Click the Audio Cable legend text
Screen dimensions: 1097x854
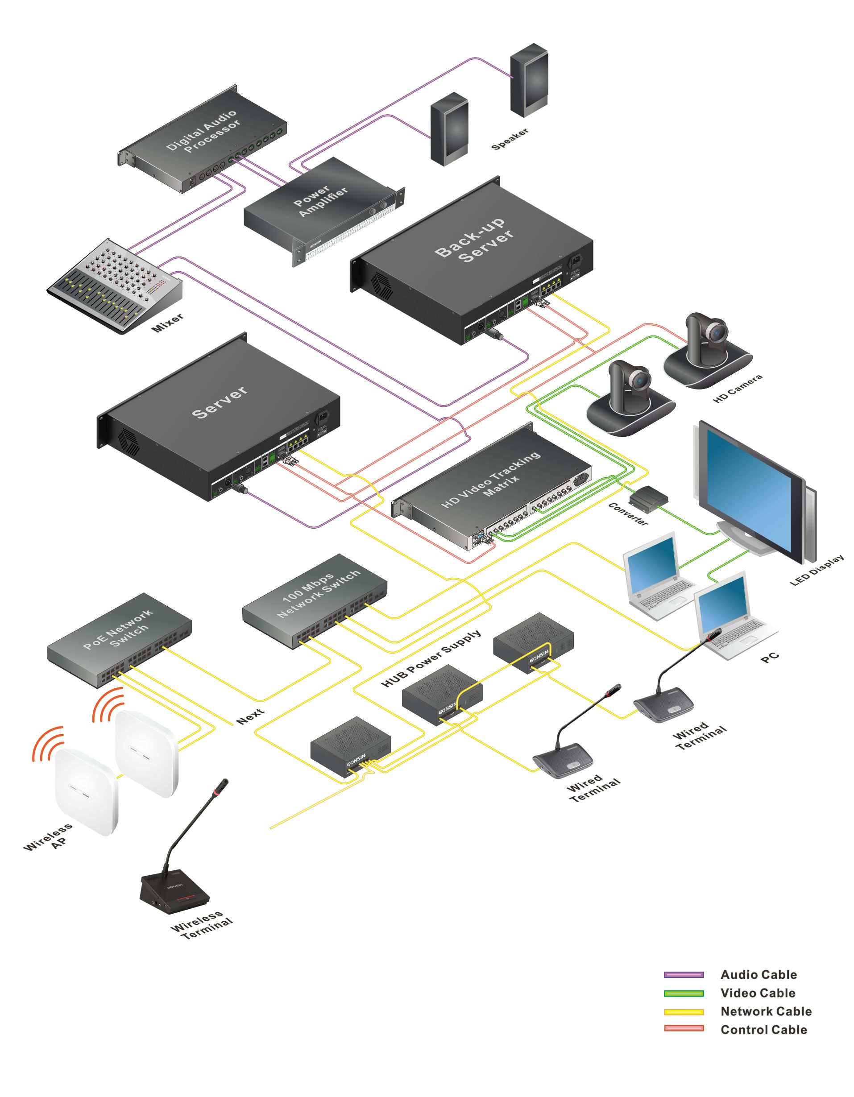[x=759, y=975]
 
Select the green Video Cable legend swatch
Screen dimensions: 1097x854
[x=684, y=994]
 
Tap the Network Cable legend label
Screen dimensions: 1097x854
[x=766, y=1012]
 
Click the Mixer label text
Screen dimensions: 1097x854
[x=168, y=323]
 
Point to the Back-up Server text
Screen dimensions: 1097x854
[x=474, y=240]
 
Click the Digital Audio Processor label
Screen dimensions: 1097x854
[x=203, y=132]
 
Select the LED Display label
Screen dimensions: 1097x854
[x=817, y=571]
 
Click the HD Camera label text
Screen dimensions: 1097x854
[x=738, y=388]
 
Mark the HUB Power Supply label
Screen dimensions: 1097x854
[x=431, y=658]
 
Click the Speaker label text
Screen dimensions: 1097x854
[x=510, y=139]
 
